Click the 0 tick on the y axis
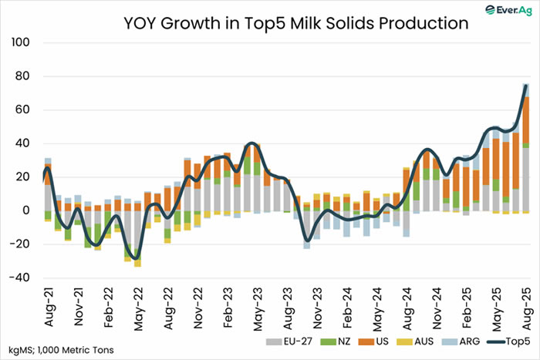tap(25, 210)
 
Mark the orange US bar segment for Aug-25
tap(525, 119)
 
